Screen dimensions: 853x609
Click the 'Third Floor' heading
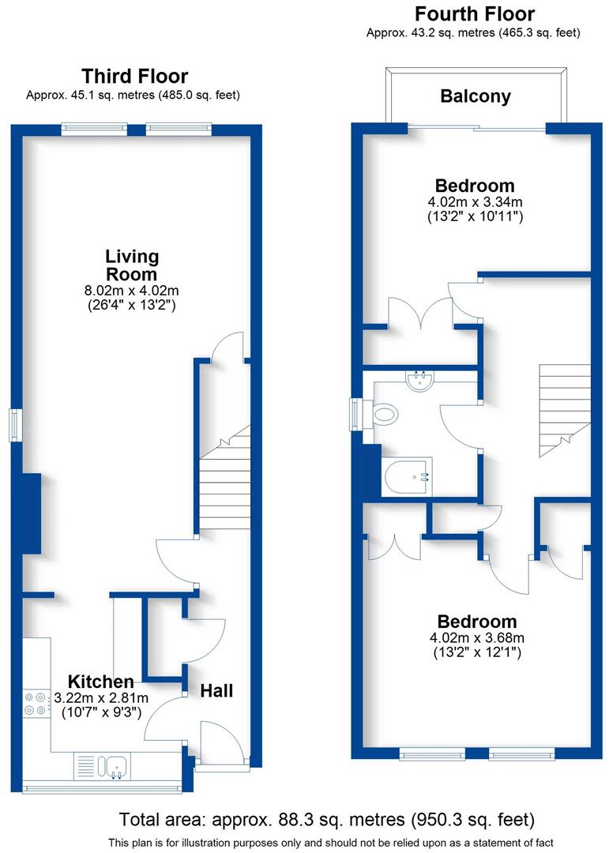135,77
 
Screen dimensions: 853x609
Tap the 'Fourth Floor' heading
474,14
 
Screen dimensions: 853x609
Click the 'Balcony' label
476,96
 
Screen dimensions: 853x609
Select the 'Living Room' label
132,265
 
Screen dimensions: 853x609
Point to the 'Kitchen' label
100,682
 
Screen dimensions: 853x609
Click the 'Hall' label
216,690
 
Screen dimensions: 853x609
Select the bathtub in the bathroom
406,476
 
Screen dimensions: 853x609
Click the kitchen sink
116,765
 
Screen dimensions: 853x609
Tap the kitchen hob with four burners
36,703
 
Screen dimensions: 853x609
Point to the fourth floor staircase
564,411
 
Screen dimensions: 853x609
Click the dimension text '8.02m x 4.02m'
132,290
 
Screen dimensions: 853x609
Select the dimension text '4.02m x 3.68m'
476,638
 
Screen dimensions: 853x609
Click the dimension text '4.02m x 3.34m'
476,202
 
